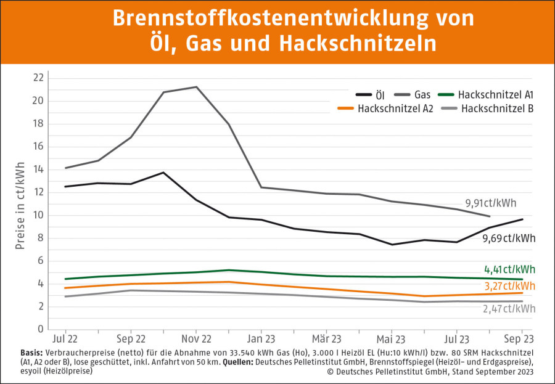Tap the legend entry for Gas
(x=422, y=95)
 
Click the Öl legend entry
(x=378, y=95)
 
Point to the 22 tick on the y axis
(x=38, y=78)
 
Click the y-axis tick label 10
(x=38, y=215)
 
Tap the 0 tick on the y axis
(x=41, y=329)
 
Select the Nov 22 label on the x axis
(x=196, y=339)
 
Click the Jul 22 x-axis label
(x=65, y=339)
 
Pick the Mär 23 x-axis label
(x=327, y=339)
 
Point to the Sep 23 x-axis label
(x=519, y=339)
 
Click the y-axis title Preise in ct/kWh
(x=20, y=206)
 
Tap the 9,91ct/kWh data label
(x=491, y=203)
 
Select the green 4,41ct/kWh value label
(x=510, y=269)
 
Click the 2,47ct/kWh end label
(x=510, y=308)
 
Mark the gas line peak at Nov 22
(x=196, y=87)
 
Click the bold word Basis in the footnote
(x=31, y=351)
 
